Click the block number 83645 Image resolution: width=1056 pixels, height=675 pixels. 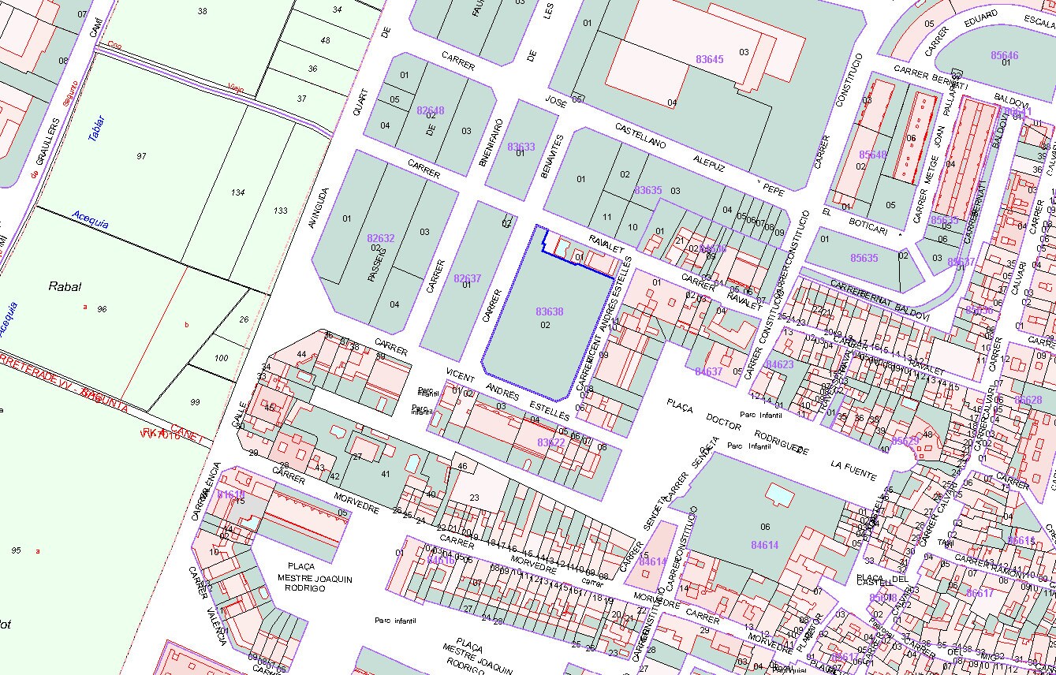[x=709, y=59]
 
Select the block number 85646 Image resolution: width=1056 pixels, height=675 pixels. [x=1004, y=55]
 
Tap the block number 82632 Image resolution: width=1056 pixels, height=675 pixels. [x=380, y=238]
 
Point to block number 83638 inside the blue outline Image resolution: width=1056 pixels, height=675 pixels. [x=549, y=311]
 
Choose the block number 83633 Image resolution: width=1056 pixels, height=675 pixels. [x=521, y=147]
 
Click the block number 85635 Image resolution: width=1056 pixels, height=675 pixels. [x=864, y=258]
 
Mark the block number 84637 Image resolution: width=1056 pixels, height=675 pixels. [x=708, y=371]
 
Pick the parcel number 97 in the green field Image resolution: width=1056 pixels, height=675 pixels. [x=141, y=156]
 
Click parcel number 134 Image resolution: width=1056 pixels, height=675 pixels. [x=238, y=192]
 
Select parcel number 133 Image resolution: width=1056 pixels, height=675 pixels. [x=280, y=211]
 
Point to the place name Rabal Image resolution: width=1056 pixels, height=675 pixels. [x=65, y=287]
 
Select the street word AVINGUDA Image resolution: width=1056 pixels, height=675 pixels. [x=321, y=217]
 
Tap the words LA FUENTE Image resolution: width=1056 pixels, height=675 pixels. [x=853, y=470]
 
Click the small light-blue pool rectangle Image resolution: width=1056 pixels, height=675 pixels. [x=779, y=494]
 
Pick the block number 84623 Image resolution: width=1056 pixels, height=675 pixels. [x=779, y=364]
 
